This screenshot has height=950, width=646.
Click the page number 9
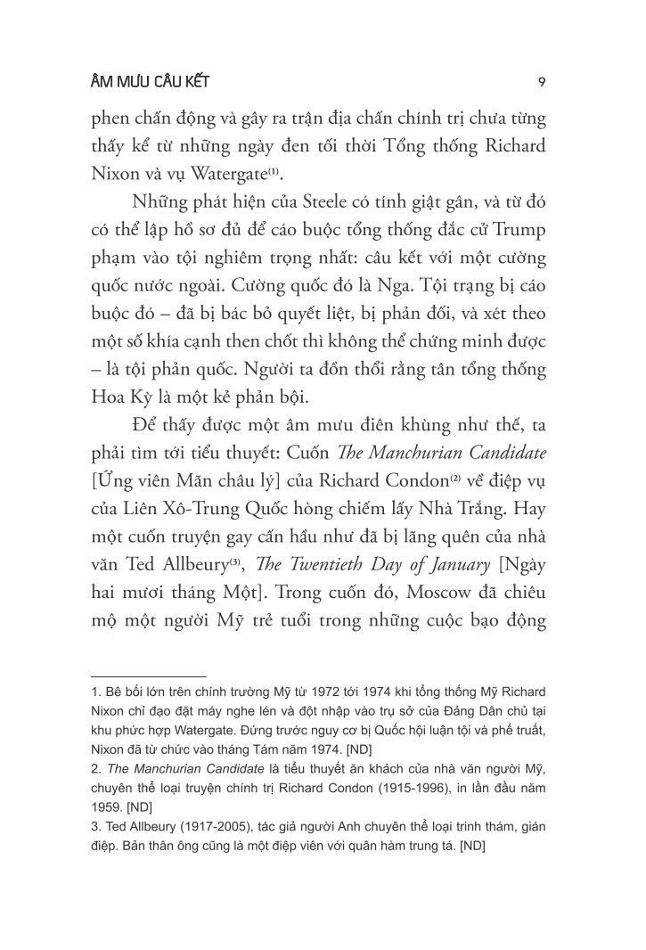tap(542, 82)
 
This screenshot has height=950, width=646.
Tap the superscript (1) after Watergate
tap(298, 169)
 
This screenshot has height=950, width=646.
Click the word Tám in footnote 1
tap(276, 749)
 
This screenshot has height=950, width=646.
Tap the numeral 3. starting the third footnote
tap(96, 827)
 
